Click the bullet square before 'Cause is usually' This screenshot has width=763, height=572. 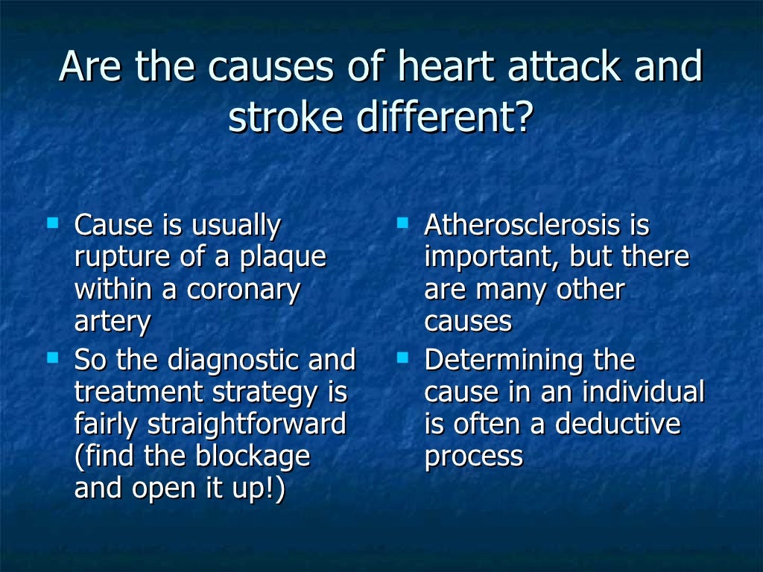coord(52,223)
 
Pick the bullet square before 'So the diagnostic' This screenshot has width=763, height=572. coord(52,357)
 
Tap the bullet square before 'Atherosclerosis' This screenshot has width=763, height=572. coord(403,223)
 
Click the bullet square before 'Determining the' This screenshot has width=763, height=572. coord(403,357)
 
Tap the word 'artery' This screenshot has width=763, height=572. coord(112,322)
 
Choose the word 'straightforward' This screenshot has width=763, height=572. coord(247,425)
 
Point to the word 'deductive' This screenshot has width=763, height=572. coord(618,425)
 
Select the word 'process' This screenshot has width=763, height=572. coord(473,457)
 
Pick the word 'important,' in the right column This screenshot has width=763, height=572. coord(492,258)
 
